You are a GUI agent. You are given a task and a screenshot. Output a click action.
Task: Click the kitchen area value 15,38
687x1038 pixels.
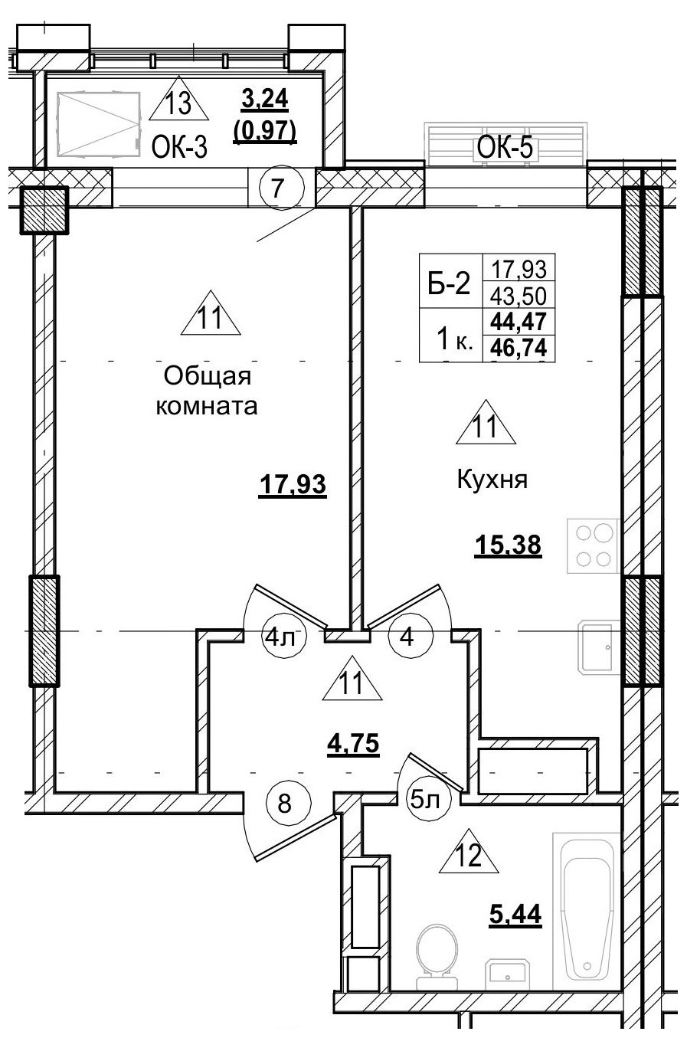(x=509, y=545)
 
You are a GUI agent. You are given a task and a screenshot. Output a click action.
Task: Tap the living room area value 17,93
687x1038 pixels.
(x=293, y=485)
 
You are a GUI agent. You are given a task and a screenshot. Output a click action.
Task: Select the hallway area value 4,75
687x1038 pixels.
(x=353, y=743)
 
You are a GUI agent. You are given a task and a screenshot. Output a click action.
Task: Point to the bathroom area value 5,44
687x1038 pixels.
(x=515, y=913)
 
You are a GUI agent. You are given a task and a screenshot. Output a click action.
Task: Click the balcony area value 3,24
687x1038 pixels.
(x=263, y=99)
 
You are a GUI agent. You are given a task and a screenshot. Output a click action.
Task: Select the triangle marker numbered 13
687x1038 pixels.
(x=178, y=102)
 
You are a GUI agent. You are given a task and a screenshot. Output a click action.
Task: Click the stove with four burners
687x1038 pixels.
(x=592, y=545)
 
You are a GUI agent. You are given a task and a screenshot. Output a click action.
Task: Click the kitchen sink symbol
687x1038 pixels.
(x=594, y=647)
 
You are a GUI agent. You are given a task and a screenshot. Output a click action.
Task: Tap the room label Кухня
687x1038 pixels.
(x=493, y=480)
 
